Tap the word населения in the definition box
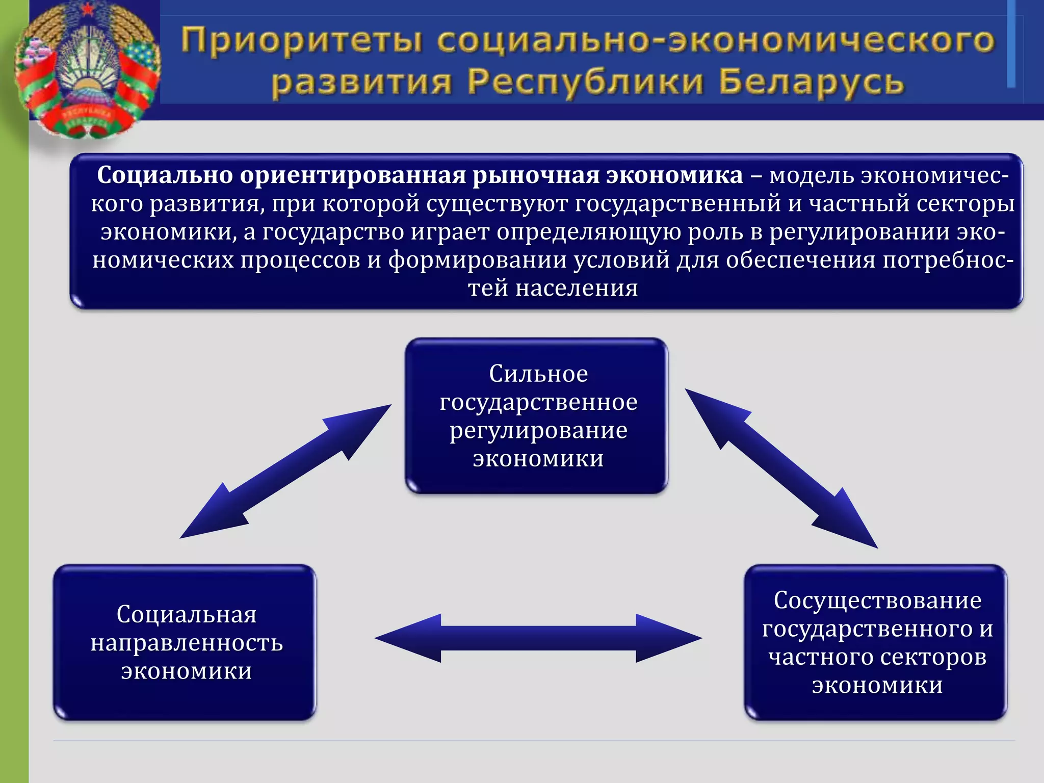click(577, 289)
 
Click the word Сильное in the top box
click(538, 374)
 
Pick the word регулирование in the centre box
click(538, 431)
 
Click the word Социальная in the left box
click(187, 614)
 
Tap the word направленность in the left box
click(187, 643)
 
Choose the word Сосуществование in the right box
click(877, 600)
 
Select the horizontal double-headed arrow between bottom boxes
click(538, 638)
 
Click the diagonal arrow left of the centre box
click(285, 472)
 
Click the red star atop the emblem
click(88, 9)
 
